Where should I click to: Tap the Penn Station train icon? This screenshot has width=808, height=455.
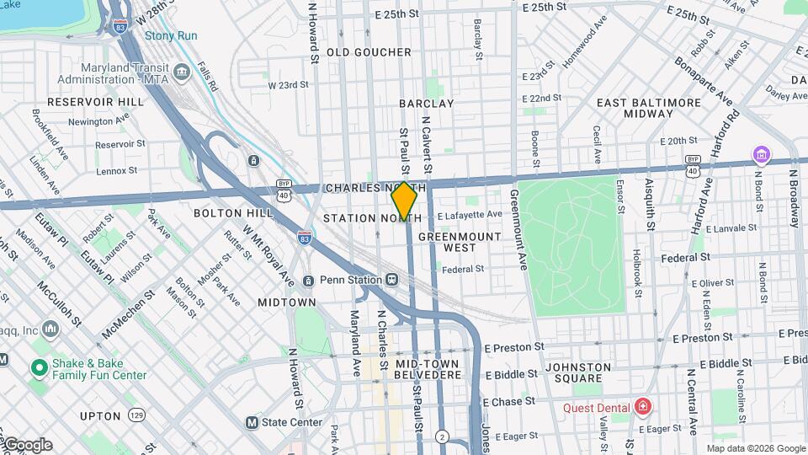tap(391, 280)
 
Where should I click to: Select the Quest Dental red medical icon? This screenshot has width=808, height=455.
tap(643, 408)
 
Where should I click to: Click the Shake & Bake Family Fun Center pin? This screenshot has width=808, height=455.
tap(38, 367)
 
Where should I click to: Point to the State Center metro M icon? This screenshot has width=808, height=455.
tap(251, 422)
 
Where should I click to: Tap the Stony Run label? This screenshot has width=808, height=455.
tap(171, 35)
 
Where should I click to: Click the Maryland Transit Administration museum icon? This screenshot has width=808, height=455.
tap(182, 73)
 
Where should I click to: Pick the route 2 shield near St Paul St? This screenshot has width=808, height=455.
tap(442, 436)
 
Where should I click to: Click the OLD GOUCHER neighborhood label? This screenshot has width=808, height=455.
tap(369, 52)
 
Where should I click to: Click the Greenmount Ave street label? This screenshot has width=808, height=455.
tap(518, 229)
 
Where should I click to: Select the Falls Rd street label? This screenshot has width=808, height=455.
tap(207, 76)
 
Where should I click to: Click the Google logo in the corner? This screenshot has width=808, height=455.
tap(27, 445)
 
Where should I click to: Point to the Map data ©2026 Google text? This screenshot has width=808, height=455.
tap(755, 448)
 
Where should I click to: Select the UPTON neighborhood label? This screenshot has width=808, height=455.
tap(100, 416)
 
